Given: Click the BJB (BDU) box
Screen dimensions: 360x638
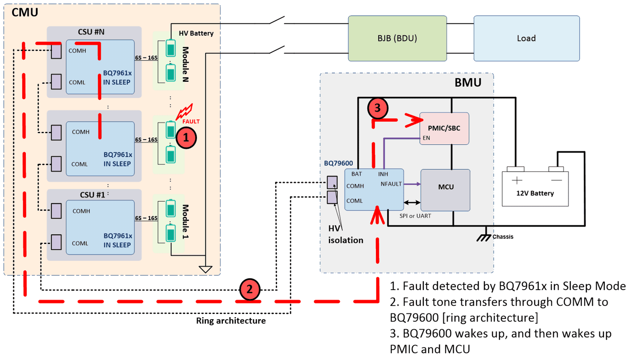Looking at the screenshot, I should (397, 38).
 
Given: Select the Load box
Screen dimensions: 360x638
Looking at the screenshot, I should (526, 38).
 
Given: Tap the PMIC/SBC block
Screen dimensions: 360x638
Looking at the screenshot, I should (444, 128).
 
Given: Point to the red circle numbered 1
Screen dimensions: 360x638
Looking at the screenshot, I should (186, 138).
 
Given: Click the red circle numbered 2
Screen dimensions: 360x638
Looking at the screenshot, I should (250, 289).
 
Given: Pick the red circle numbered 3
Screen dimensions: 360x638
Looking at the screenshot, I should (378, 108).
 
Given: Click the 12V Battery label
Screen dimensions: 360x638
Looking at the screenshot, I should (535, 193).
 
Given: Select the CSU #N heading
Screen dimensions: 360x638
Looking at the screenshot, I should (91, 32).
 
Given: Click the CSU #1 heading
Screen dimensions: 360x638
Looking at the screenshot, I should (93, 195).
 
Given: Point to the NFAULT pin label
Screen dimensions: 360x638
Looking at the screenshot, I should (391, 184).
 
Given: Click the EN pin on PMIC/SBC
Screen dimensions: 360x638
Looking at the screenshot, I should (426, 138).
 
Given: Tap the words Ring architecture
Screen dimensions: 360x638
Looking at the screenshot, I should (231, 321).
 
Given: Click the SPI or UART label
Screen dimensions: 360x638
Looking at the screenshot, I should (415, 216).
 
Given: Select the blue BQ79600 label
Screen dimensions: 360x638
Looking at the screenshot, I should (338, 163).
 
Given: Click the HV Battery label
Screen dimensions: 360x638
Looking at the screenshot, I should (196, 33).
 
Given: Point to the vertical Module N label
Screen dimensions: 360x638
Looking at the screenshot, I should (185, 64).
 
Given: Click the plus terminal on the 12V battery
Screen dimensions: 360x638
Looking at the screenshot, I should (517, 180).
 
